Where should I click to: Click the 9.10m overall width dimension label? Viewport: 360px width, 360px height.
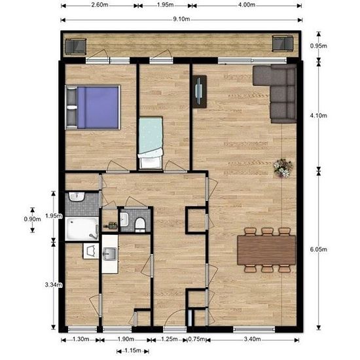point(181,19)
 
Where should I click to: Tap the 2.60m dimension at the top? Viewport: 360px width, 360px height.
point(99,5)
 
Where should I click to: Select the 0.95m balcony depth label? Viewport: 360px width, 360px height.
point(319,46)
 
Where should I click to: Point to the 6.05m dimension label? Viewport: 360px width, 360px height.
point(319,249)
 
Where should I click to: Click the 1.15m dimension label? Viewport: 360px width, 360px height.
point(133,351)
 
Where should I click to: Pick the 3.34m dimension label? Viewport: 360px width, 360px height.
point(54,285)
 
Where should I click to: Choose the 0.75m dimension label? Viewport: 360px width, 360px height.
point(196,339)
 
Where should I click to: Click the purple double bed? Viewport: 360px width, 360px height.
point(93,108)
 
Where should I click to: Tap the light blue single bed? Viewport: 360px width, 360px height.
point(151,142)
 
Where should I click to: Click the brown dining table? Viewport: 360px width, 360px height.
point(266,250)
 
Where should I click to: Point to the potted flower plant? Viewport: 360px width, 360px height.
point(283,168)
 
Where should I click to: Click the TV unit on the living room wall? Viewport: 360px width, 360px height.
point(200,92)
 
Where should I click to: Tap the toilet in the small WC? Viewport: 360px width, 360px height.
point(140,225)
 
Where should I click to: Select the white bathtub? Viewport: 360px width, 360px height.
point(82,228)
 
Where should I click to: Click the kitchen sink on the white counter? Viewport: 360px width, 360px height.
point(110,254)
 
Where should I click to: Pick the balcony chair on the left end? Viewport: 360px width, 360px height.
point(75,46)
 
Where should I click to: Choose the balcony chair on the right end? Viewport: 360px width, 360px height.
point(283,43)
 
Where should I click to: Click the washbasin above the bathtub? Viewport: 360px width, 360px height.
point(77,197)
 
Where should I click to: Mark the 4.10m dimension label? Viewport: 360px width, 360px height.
point(319,115)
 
